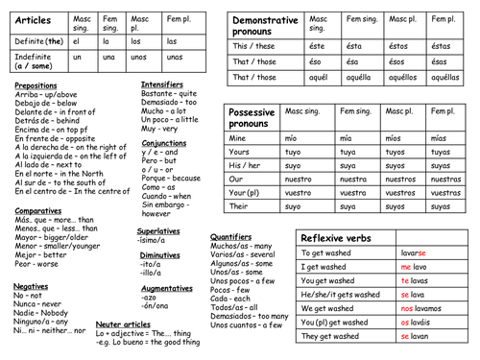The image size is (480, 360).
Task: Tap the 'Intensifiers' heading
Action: click(x=162, y=85)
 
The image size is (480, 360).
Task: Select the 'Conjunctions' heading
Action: click(x=164, y=144)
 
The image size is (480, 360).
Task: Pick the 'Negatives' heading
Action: click(x=32, y=286)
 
